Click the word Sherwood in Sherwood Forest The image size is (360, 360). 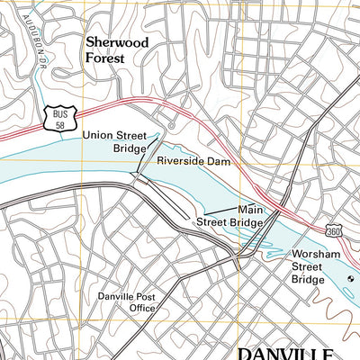[x=117, y=41]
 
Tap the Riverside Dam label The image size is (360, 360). [x=194, y=161]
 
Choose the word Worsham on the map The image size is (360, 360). [x=314, y=255]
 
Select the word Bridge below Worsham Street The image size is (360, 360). [x=307, y=280]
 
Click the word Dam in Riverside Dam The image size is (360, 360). [x=220, y=161]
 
